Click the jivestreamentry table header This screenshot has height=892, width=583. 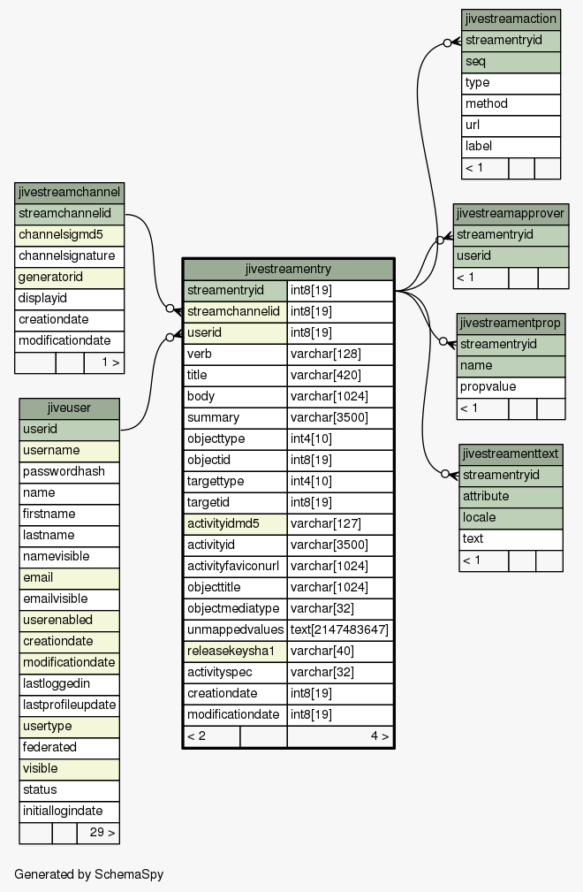click(x=288, y=269)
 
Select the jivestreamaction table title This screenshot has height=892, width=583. click(x=511, y=19)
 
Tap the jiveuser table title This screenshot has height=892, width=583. click(x=69, y=408)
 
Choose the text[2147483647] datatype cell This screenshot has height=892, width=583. click(x=340, y=629)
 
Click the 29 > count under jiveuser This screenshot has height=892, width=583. click(x=102, y=832)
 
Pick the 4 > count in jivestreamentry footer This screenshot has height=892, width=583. click(x=380, y=736)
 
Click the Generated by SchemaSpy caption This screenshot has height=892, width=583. click(x=88, y=874)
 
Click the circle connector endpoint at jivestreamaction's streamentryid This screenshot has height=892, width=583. click(x=448, y=43)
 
